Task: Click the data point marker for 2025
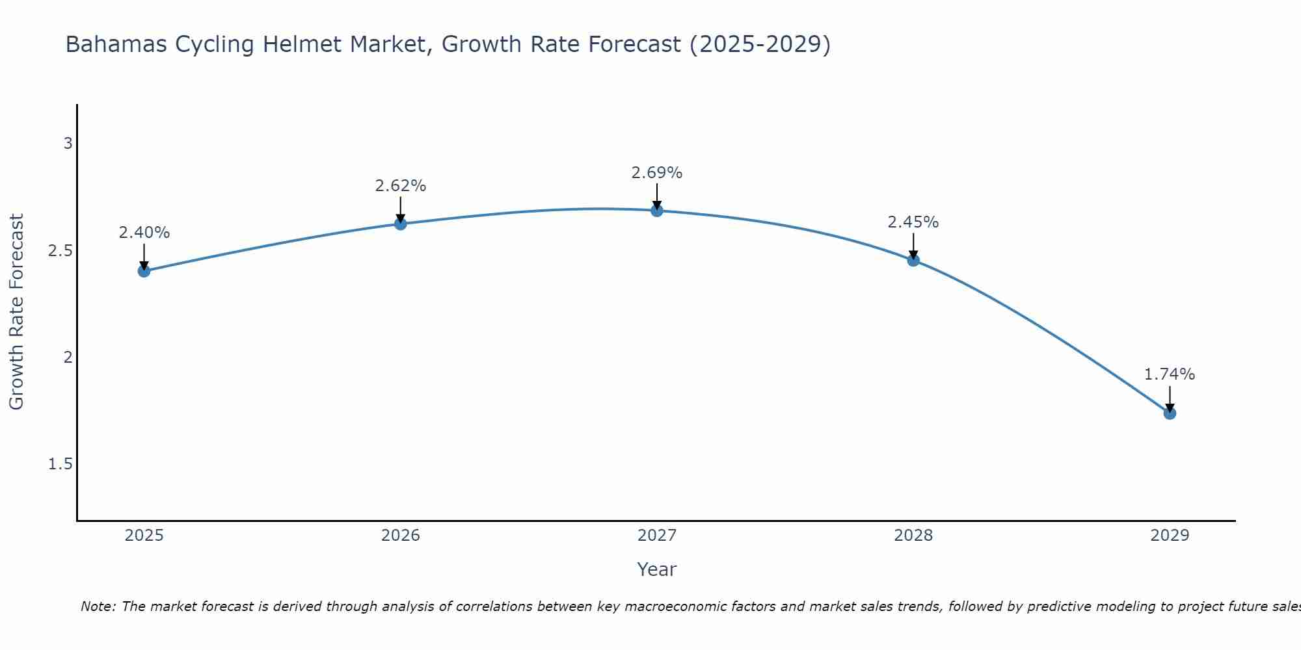click(144, 271)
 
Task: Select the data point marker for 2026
click(401, 224)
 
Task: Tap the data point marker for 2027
click(657, 210)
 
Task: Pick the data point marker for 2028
click(913, 260)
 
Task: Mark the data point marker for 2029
click(1170, 413)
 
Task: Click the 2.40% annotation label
click(144, 233)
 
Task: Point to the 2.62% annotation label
click(401, 186)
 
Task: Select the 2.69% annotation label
click(657, 173)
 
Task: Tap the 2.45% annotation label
click(913, 222)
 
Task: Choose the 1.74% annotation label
click(1170, 374)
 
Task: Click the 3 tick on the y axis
click(68, 144)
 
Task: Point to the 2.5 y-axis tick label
click(60, 250)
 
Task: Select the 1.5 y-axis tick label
click(60, 464)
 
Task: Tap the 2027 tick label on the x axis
click(657, 536)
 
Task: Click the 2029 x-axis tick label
click(1170, 536)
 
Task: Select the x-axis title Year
click(657, 569)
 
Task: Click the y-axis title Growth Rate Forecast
click(17, 312)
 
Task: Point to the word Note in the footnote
click(98, 606)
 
